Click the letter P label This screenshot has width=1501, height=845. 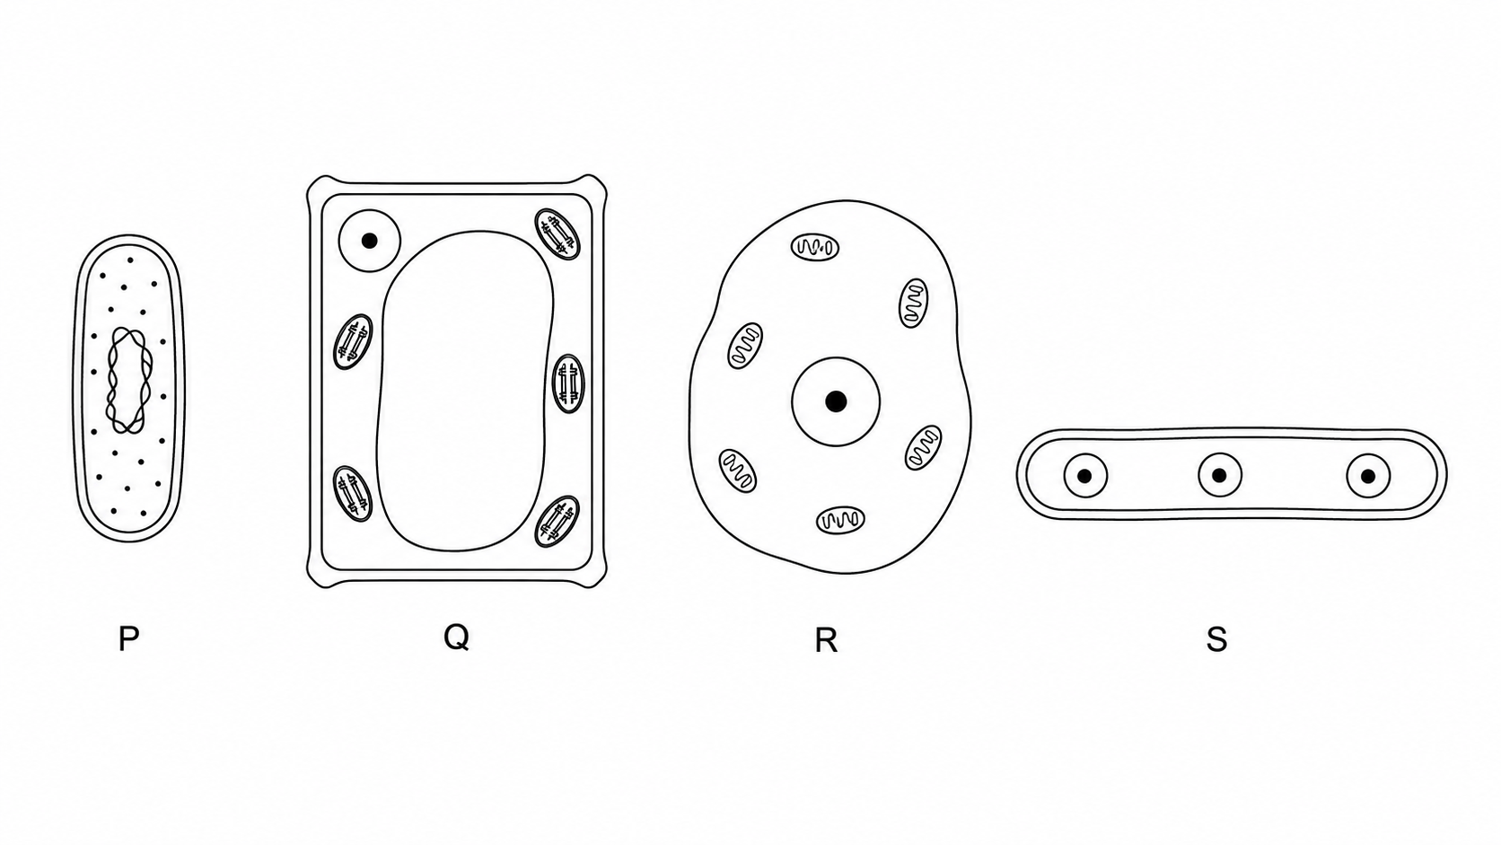(128, 639)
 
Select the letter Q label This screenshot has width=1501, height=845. (456, 638)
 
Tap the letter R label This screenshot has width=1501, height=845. (826, 641)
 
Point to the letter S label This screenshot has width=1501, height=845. (1217, 640)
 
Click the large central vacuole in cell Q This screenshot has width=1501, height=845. (465, 391)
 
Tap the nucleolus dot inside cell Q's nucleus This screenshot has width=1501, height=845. (369, 241)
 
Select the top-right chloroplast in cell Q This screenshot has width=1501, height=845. (557, 233)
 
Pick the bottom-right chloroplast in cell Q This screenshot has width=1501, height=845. (557, 522)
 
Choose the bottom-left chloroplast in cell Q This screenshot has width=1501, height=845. (353, 494)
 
